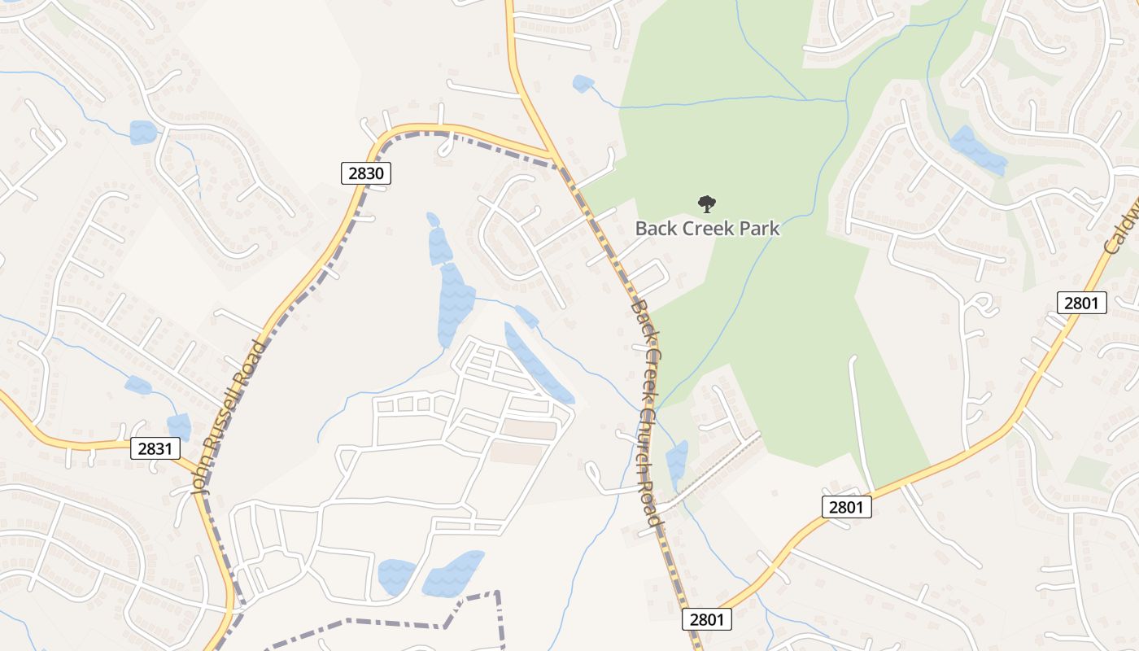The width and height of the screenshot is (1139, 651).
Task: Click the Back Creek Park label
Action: pyautogui.click(x=707, y=229)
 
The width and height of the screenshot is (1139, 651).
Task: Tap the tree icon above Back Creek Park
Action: pyautogui.click(x=707, y=203)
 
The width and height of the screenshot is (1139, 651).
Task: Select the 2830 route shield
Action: pyautogui.click(x=366, y=173)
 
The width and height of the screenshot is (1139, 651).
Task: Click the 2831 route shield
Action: pyautogui.click(x=155, y=448)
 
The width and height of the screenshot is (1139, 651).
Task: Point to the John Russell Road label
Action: pyautogui.click(x=229, y=417)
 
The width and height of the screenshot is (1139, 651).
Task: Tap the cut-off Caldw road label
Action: pyautogui.click(x=1122, y=233)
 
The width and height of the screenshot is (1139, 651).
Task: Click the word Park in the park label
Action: pyautogui.click(x=761, y=229)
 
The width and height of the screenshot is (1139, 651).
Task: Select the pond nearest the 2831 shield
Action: pyautogui.click(x=178, y=427)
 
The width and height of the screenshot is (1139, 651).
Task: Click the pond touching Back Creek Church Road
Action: pyautogui.click(x=677, y=465)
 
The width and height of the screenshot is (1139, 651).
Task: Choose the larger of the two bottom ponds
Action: pyautogui.click(x=452, y=573)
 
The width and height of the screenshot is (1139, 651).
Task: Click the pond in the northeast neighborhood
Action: pyautogui.click(x=977, y=150)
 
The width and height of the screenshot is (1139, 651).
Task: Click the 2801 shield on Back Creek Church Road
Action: pyautogui.click(x=706, y=619)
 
